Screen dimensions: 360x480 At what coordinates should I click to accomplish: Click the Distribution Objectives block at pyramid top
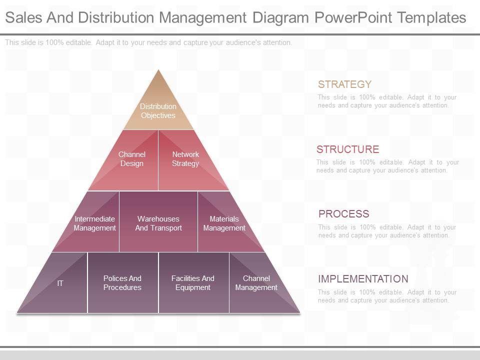pyautogui.click(x=158, y=110)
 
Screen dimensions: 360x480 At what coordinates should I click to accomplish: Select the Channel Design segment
pyautogui.click(x=132, y=159)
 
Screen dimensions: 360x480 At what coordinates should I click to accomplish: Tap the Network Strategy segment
pyautogui.click(x=185, y=159)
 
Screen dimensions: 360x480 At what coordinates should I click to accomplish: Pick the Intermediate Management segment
pyautogui.click(x=94, y=223)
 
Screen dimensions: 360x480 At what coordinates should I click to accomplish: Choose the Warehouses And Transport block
pyautogui.click(x=158, y=223)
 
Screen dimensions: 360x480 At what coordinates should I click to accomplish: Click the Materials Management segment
pyautogui.click(x=224, y=223)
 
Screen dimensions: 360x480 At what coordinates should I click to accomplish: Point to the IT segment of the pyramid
pyautogui.click(x=60, y=283)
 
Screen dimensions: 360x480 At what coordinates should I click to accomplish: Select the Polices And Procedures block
pyautogui.click(x=122, y=283)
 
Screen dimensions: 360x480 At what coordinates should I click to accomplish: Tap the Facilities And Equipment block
pyautogui.click(x=193, y=283)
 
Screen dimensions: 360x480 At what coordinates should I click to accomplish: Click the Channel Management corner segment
pyautogui.click(x=256, y=283)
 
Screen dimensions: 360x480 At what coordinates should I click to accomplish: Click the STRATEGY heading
pyautogui.click(x=344, y=84)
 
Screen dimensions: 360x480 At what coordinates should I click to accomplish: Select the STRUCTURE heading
pyautogui.click(x=347, y=149)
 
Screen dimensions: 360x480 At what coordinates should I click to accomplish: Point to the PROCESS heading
pyautogui.click(x=343, y=214)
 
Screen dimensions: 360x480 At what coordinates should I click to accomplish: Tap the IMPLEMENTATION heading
pyautogui.click(x=363, y=279)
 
